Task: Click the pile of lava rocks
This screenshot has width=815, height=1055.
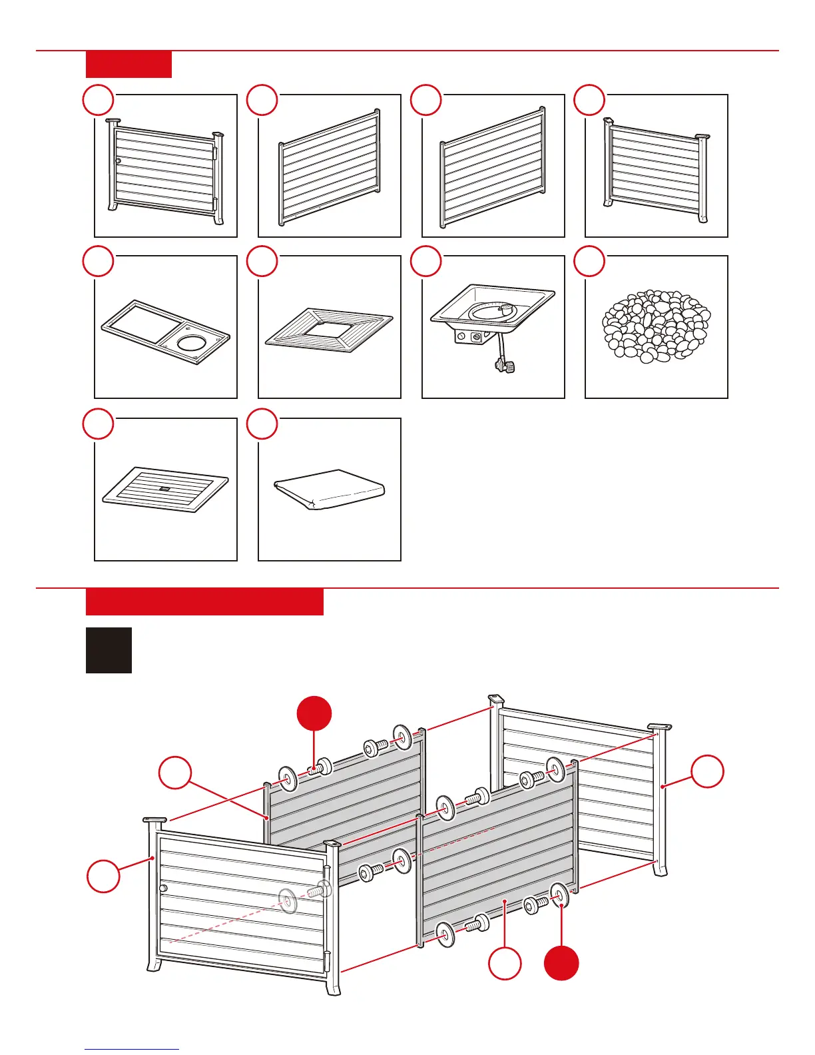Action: pyautogui.click(x=656, y=326)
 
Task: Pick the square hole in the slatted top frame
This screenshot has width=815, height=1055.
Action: pyautogui.click(x=328, y=327)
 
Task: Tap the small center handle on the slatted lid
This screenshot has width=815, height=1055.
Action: pyautogui.click(x=165, y=488)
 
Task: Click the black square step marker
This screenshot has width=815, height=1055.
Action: pyautogui.click(x=109, y=650)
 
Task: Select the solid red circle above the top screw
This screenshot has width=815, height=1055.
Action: pyautogui.click(x=314, y=713)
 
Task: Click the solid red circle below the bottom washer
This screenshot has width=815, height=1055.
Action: pyautogui.click(x=561, y=962)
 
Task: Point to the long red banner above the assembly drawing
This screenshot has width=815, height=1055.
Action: pyautogui.click(x=204, y=601)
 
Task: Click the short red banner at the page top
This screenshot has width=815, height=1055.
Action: pyautogui.click(x=129, y=64)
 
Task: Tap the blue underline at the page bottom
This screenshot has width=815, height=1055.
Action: pyautogui.click(x=132, y=1049)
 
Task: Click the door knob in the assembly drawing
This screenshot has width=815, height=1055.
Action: pyautogui.click(x=163, y=888)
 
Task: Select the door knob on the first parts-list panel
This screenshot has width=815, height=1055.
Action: pyautogui.click(x=119, y=161)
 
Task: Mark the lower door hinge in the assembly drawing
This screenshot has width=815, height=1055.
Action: pyautogui.click(x=326, y=960)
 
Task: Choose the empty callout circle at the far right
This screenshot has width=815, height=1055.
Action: pyautogui.click(x=706, y=771)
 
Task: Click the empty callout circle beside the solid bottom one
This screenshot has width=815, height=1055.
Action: pyautogui.click(x=505, y=963)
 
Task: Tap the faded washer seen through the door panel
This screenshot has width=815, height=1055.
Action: pyautogui.click(x=287, y=900)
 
